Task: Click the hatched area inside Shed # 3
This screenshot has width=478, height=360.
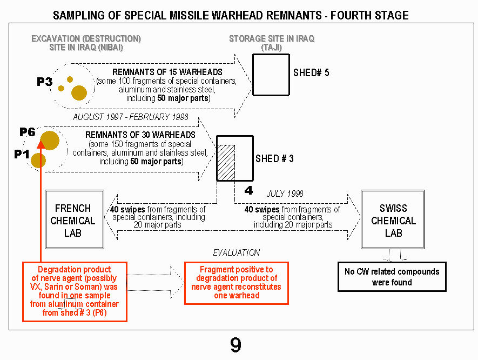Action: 226,163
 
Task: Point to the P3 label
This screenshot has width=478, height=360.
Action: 44,82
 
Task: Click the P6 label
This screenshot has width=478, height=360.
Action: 28,132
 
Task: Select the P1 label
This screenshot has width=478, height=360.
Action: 22,154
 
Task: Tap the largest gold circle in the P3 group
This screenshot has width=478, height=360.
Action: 79,93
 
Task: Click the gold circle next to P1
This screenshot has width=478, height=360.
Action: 38,161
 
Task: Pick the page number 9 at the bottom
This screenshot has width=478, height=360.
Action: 235,345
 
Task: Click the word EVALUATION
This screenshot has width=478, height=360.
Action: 236,252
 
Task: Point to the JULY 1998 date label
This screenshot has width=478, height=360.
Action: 285,194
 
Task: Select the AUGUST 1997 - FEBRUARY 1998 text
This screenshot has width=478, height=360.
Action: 131,117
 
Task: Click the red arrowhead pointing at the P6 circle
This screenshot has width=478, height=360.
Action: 41,144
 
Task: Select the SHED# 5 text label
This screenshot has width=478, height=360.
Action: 311,72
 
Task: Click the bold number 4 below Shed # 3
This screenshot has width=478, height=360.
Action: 249,190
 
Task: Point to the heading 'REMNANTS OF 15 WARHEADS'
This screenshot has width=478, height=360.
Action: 167,72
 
